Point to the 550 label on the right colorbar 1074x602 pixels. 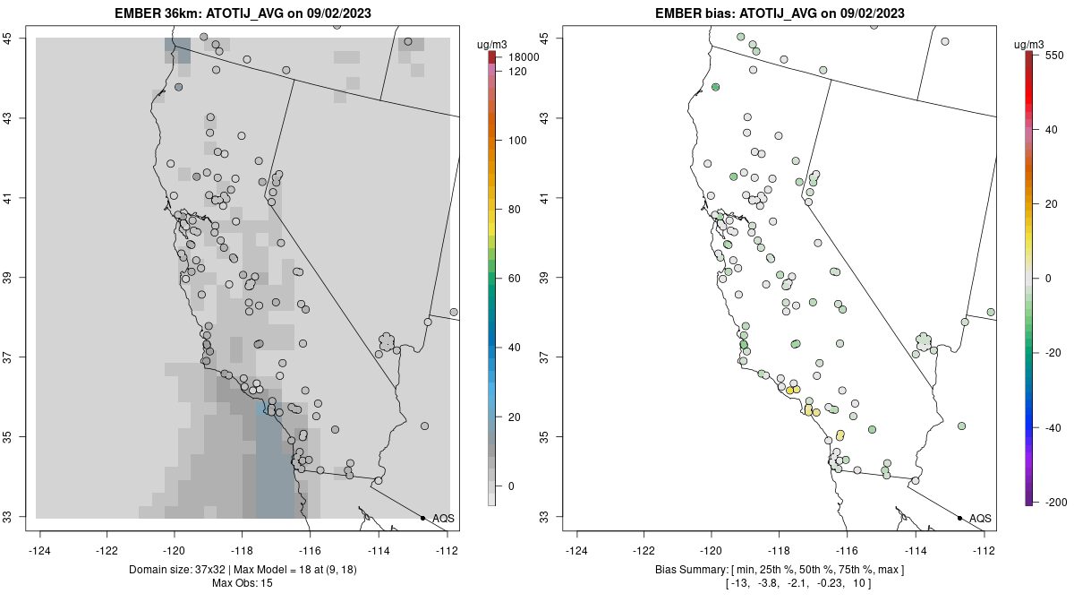click(1053, 55)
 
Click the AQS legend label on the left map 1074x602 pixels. click(443, 519)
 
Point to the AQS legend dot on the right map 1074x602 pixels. click(959, 518)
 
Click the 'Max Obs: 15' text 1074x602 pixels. click(243, 583)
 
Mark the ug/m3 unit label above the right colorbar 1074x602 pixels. click(1034, 44)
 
